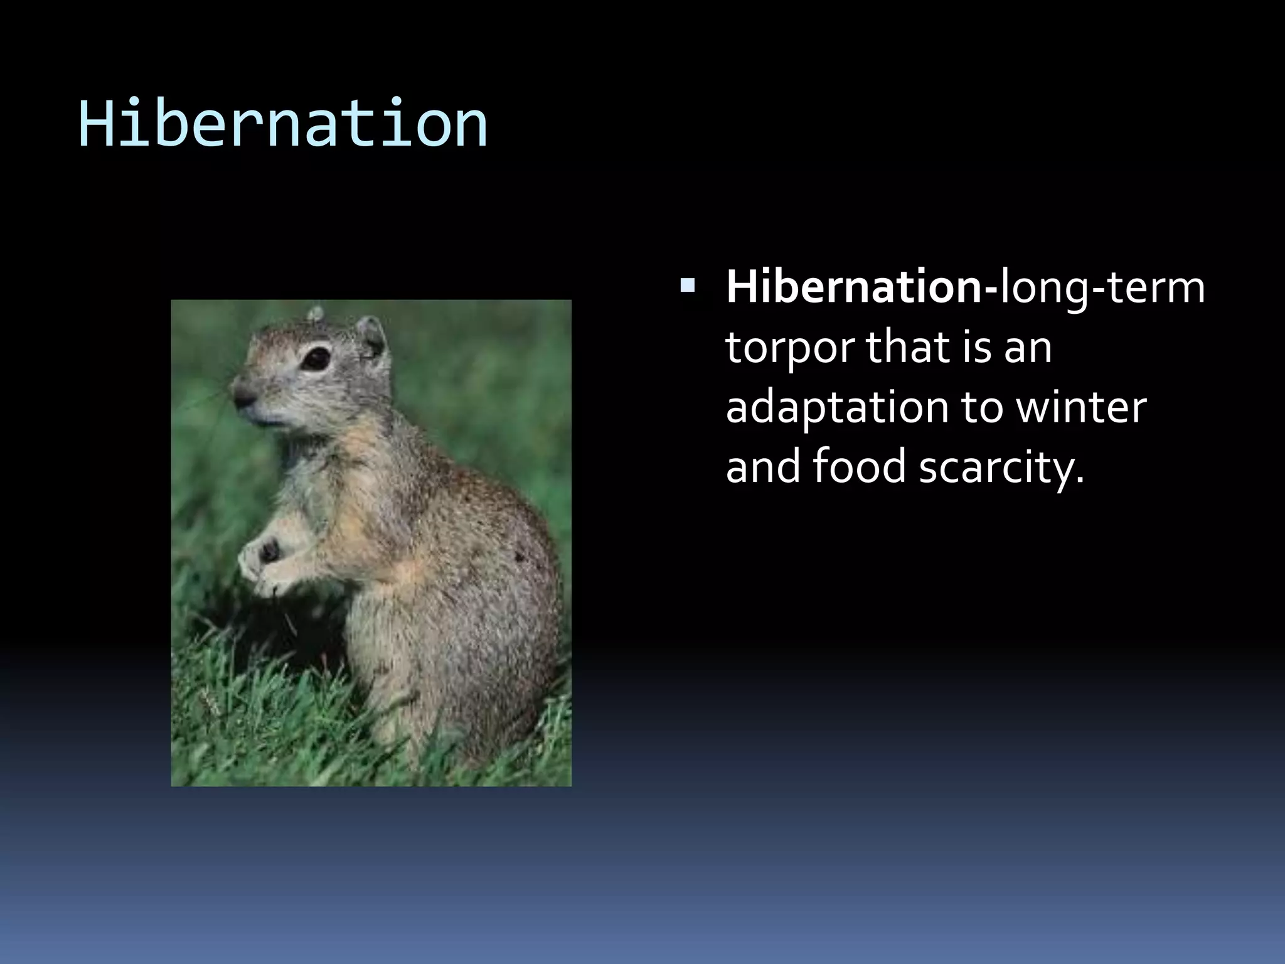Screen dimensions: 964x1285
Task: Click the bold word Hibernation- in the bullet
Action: [x=861, y=287]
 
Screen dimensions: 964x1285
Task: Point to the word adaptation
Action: [x=837, y=409]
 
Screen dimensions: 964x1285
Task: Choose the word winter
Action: [x=1080, y=407]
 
